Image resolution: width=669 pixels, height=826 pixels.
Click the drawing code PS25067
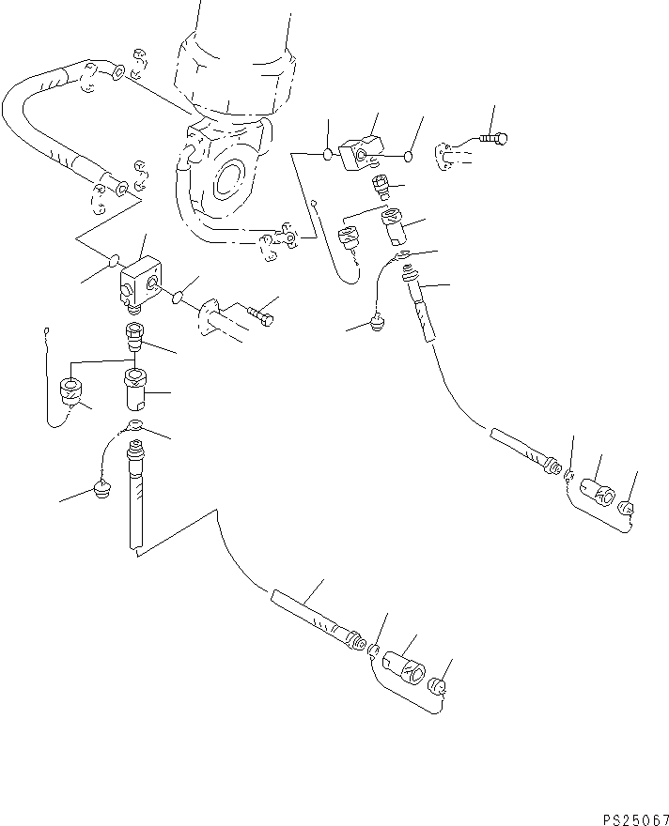click(x=636, y=819)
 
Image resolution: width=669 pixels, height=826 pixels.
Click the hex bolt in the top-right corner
click(x=494, y=139)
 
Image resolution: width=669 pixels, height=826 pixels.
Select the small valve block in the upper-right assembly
click(x=361, y=152)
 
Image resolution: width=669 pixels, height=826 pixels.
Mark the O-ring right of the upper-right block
click(x=408, y=156)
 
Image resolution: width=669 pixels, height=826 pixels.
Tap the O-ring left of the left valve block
click(x=113, y=260)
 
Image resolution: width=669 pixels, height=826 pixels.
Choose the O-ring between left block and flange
click(x=179, y=298)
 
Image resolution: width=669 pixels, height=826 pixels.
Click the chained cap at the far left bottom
click(x=101, y=489)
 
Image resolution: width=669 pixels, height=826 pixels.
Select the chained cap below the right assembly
click(x=377, y=322)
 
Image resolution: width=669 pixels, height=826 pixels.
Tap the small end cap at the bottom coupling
click(x=437, y=687)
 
